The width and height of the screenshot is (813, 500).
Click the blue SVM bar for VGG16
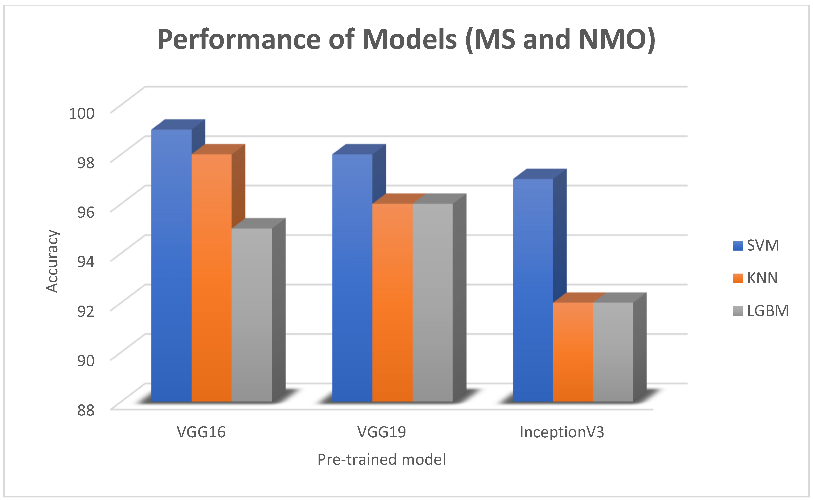[x=171, y=265]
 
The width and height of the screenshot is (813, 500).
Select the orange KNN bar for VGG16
[x=212, y=278]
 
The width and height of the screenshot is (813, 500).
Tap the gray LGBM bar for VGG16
[x=252, y=314]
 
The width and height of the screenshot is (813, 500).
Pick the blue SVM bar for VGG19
[x=352, y=278]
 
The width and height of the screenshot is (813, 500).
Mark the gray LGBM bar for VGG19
[x=433, y=303]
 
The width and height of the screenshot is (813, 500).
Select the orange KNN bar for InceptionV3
[x=573, y=352]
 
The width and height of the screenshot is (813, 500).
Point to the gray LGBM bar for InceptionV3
[x=613, y=352]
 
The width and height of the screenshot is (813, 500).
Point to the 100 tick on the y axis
[x=82, y=113]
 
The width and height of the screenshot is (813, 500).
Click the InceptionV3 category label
[x=562, y=432]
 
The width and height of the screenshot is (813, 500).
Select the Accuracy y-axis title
[x=52, y=261]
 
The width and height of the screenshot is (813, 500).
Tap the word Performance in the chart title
[x=238, y=40]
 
